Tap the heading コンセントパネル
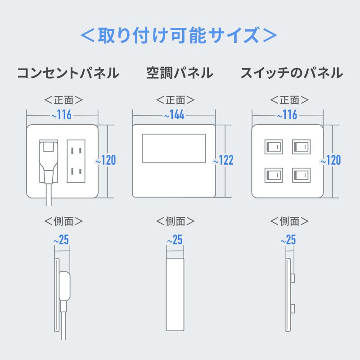(x=68, y=73)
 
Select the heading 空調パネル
(x=180, y=73)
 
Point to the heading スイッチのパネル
(x=291, y=73)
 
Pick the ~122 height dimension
(x=223, y=160)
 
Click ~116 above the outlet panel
(x=61, y=115)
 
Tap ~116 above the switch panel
(x=287, y=115)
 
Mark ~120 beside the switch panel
(x=331, y=160)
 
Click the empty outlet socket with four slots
(x=76, y=161)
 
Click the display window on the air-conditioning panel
(x=174, y=148)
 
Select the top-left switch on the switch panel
(x=274, y=147)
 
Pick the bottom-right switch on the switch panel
(x=301, y=175)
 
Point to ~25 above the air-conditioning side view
(x=175, y=240)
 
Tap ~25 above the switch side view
(x=288, y=240)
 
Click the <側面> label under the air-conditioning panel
(x=175, y=221)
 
